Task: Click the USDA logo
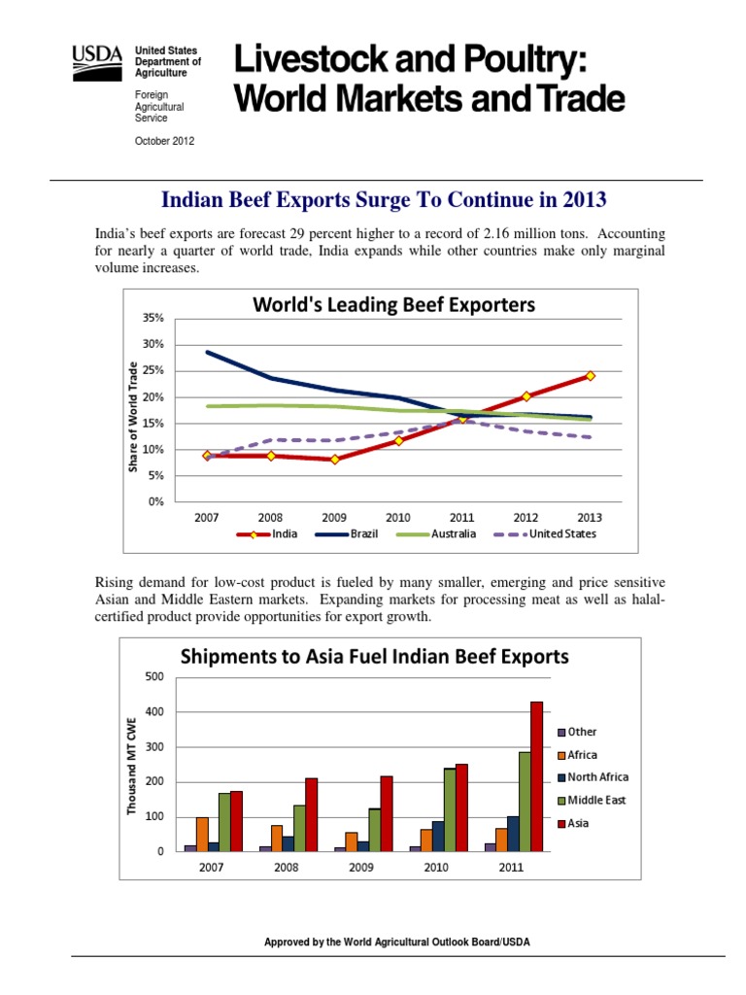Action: [98, 64]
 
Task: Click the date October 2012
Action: [164, 141]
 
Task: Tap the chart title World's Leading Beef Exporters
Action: [393, 305]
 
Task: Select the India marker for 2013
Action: [590, 376]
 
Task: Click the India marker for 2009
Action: [334, 460]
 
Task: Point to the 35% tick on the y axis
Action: [155, 319]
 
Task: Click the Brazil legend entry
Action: [356, 533]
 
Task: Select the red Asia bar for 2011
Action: [537, 776]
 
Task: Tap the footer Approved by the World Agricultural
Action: [398, 943]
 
